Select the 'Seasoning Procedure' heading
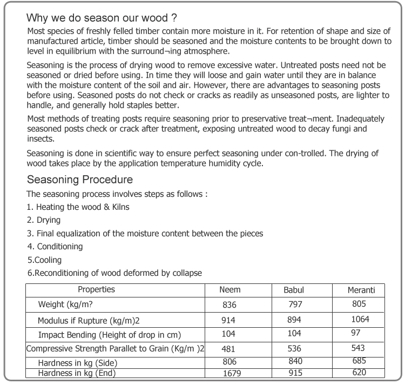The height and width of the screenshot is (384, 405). click(80, 180)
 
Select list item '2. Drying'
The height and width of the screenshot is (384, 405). click(44, 220)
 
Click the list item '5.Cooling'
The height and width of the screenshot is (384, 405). click(44, 260)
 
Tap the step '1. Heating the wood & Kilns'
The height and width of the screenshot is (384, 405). click(78, 207)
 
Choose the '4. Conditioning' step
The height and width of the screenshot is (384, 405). click(55, 247)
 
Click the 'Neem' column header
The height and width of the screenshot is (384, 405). click(230, 290)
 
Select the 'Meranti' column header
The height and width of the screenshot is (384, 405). click(361, 290)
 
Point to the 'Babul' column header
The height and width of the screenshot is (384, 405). click(294, 290)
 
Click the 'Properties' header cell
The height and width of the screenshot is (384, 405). click(96, 290)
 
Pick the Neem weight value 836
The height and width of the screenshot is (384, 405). click(230, 305)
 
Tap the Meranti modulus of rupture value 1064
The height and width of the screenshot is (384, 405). click(360, 319)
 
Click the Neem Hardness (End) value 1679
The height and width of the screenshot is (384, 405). click(233, 373)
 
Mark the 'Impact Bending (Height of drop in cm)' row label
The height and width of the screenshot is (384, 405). click(109, 334)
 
